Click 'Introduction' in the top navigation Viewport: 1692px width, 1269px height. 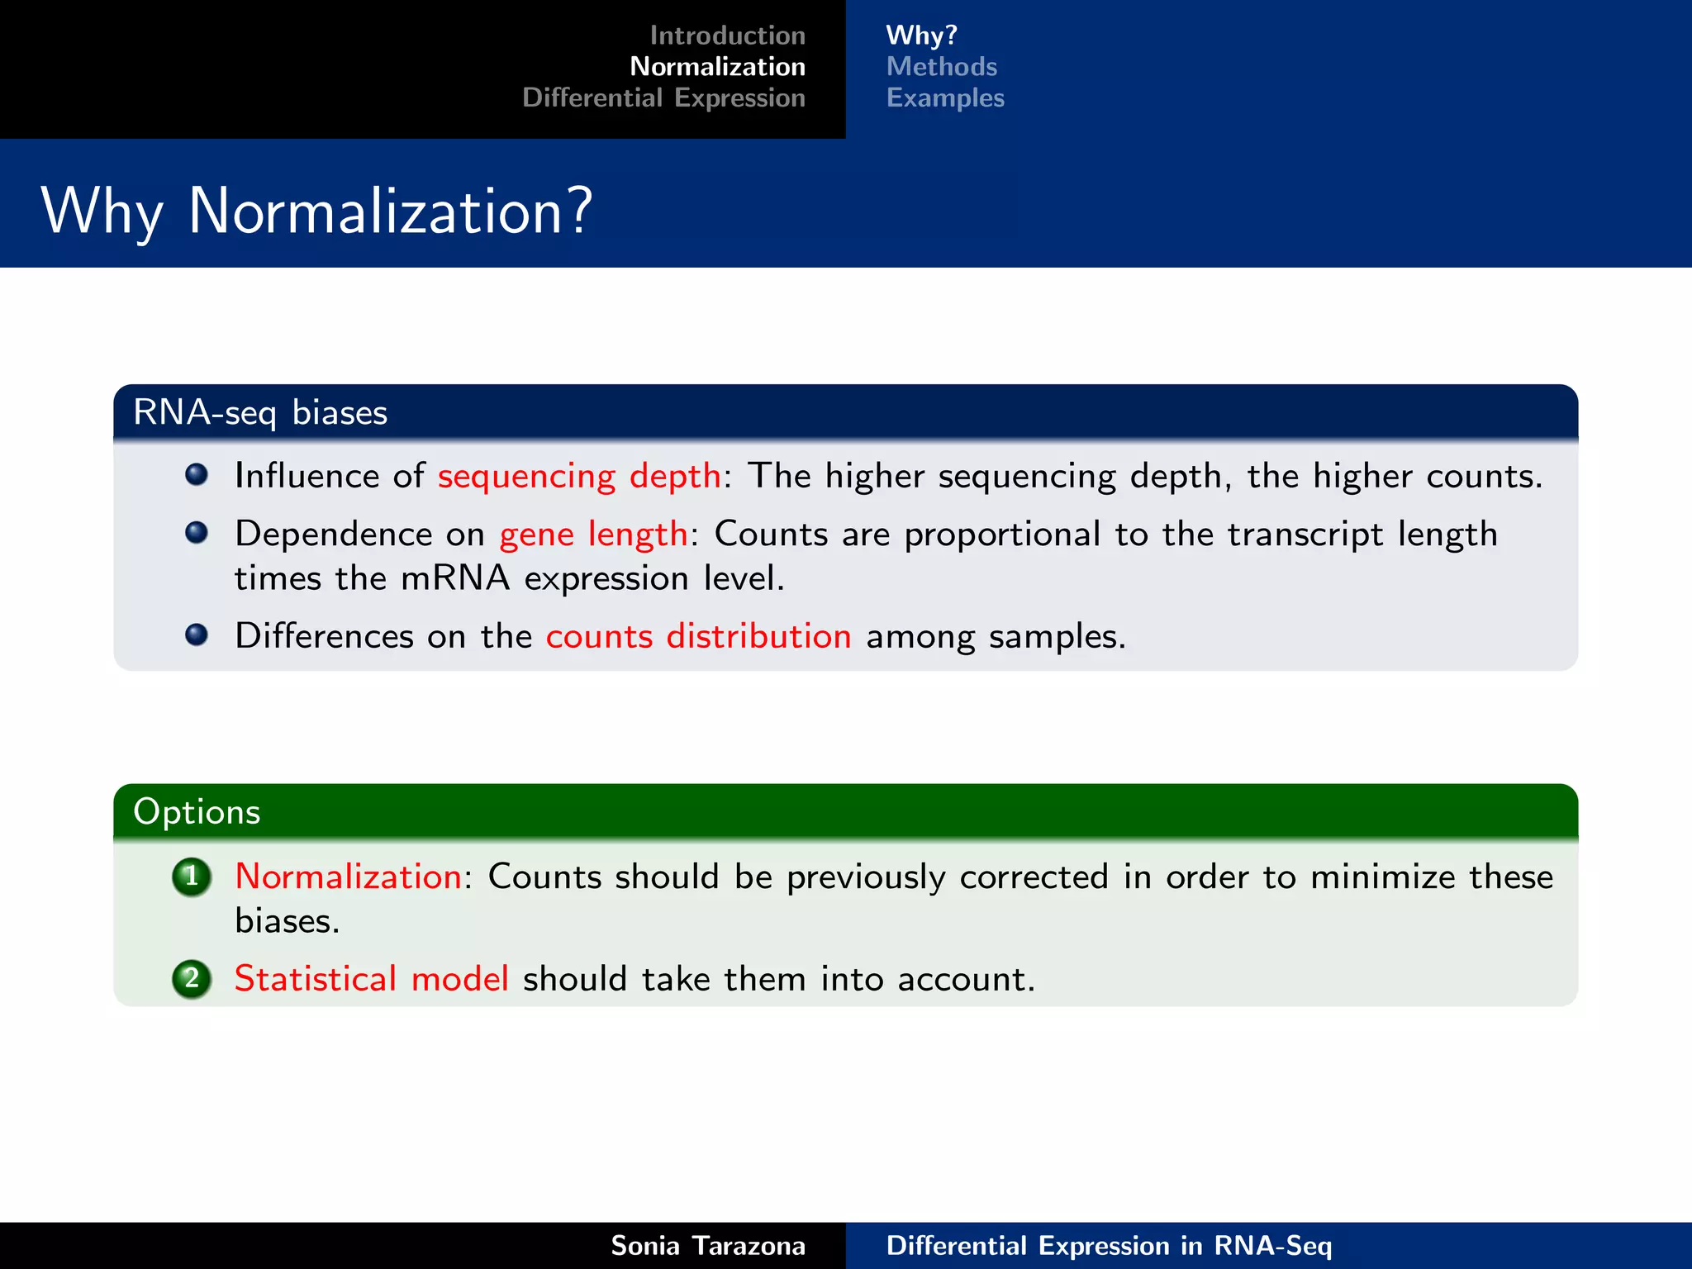tap(727, 36)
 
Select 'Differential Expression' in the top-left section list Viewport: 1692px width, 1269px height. tap(663, 97)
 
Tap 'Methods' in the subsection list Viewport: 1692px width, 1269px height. tap(941, 66)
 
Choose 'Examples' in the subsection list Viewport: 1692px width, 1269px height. tap(945, 97)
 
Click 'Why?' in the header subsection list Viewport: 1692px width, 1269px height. tap(921, 36)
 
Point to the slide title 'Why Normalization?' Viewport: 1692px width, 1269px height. tap(316, 211)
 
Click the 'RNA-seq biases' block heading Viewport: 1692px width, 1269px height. tap(260, 412)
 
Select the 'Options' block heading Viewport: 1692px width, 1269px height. tap(197, 812)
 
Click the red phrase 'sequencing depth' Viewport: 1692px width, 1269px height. tap(579, 477)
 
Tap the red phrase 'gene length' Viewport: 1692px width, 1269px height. tap(593, 535)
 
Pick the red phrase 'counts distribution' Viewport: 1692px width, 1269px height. tap(698, 637)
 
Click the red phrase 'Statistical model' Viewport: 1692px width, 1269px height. tap(371, 979)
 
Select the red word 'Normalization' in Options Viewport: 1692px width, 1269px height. tap(348, 877)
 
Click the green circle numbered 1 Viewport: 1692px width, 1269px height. tap(192, 877)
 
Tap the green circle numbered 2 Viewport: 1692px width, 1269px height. tap(192, 979)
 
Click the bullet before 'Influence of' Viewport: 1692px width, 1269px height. tap(197, 475)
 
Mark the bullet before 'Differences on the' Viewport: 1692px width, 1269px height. tap(197, 634)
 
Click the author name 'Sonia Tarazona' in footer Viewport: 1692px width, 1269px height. tap(707, 1246)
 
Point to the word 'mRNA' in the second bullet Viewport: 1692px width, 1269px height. tap(455, 578)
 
